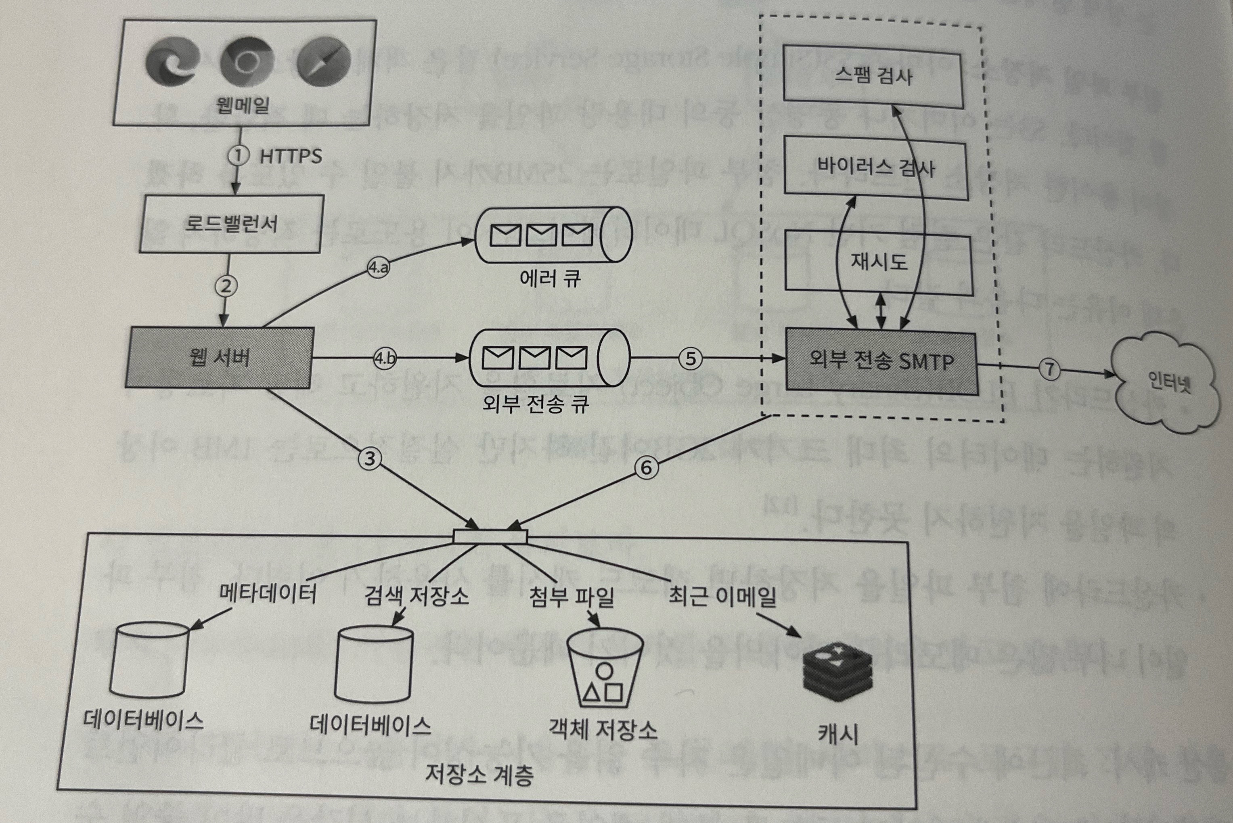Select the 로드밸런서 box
coord(231,224)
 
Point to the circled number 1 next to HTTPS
coord(238,155)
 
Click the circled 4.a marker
coord(378,268)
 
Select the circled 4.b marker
coord(385,358)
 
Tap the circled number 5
coord(691,358)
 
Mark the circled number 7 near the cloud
coord(1049,369)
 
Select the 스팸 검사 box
coord(873,76)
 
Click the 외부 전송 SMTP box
coord(881,362)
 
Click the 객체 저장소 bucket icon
coord(605,673)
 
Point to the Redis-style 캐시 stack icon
coord(838,673)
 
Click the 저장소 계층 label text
coord(479,775)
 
